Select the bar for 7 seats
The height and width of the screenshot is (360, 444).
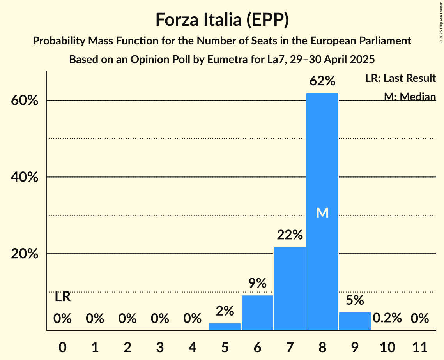(290, 288)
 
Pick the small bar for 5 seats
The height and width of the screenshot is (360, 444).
(225, 326)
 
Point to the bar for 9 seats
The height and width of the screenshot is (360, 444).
(355, 321)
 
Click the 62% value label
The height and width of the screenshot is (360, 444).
(322, 81)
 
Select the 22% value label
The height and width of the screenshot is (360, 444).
(290, 235)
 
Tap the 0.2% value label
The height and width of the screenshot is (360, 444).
(387, 318)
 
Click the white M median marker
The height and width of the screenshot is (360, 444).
(322, 213)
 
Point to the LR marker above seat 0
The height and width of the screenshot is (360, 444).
(62, 297)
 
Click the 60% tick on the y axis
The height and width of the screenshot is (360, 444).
(24, 101)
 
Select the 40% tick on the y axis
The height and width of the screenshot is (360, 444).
(24, 177)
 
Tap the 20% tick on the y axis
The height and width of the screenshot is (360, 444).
(24, 254)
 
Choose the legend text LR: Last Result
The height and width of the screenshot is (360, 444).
(400, 78)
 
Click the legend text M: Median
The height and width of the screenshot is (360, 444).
(410, 96)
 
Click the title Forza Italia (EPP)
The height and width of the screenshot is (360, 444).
(222, 19)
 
